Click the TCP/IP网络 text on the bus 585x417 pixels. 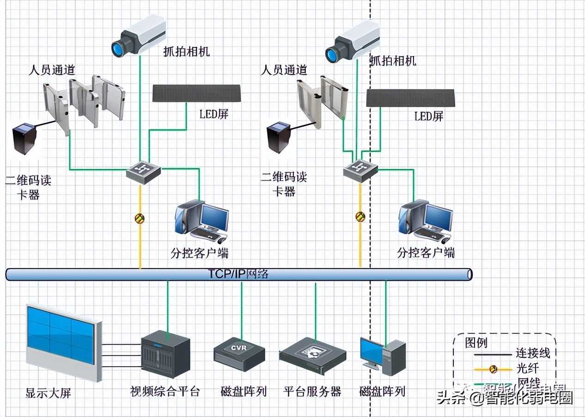(x=238, y=274)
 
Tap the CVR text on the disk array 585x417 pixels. (x=239, y=347)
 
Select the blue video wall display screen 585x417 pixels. (x=61, y=335)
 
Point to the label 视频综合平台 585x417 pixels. (x=165, y=392)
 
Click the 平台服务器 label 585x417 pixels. (x=312, y=392)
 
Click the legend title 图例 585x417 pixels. (x=476, y=343)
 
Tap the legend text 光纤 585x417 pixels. (x=526, y=368)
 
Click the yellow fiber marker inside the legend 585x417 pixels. (x=494, y=368)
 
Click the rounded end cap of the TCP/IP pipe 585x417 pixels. (x=469, y=275)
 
